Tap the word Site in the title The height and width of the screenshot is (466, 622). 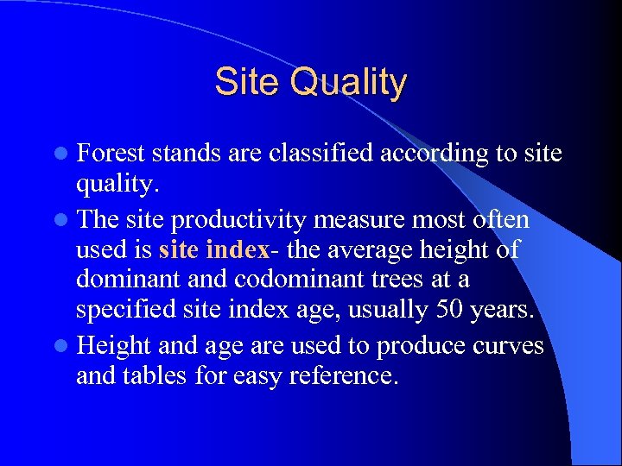[x=248, y=82]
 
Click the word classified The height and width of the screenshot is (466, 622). [x=323, y=154]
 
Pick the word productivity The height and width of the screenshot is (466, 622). [x=238, y=220]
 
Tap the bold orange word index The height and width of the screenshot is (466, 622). [x=238, y=250]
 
